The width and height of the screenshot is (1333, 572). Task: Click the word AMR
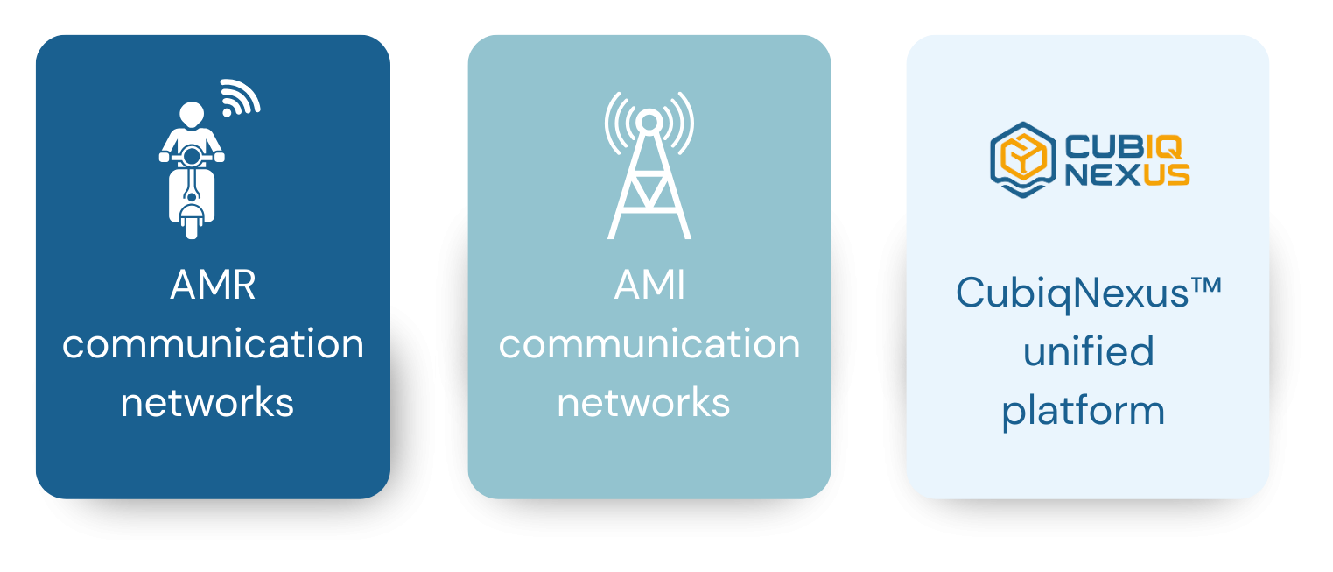point(213,286)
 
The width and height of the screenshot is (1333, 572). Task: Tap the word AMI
point(649,286)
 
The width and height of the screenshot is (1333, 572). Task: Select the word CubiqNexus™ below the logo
point(1088,292)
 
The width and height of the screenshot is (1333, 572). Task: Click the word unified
point(1088,351)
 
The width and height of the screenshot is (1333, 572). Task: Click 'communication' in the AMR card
point(213,344)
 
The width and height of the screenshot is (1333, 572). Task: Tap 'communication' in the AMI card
point(649,344)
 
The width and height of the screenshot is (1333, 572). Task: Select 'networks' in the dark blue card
point(207,402)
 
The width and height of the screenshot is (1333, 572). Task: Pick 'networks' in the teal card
point(643,402)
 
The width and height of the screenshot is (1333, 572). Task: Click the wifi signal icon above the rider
point(239,97)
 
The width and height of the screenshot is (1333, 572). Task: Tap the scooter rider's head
point(191,115)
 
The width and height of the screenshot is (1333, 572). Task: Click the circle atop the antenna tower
point(649,120)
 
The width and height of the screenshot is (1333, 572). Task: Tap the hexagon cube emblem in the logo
point(1022,159)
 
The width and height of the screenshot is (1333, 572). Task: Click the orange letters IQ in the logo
point(1170,145)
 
